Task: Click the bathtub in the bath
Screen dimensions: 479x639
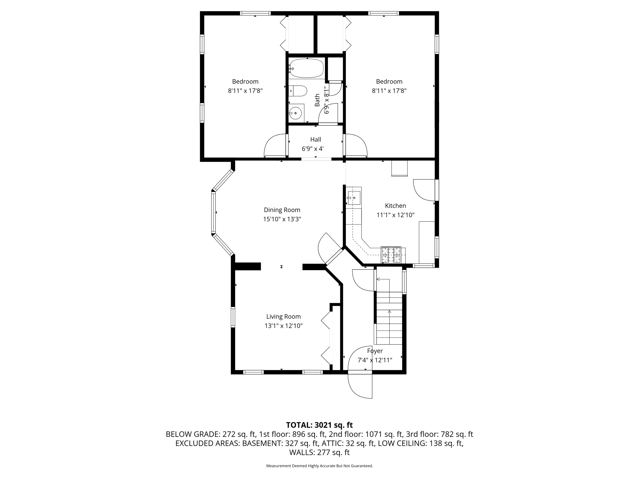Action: point(306,68)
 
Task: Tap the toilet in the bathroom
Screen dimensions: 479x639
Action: point(298,91)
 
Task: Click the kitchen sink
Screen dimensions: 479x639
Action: point(354,198)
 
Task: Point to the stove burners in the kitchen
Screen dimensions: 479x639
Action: point(391,255)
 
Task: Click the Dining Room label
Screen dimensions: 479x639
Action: point(282,210)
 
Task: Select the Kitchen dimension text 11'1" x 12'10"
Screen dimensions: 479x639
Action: point(395,215)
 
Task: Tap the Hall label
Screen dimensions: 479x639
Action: point(315,139)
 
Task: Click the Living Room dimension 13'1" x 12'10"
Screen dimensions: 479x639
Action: point(283,326)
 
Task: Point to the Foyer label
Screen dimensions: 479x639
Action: point(375,351)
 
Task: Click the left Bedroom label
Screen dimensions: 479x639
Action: point(245,81)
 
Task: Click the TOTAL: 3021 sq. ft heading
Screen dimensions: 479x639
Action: point(319,425)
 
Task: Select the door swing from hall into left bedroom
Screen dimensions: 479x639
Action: point(275,146)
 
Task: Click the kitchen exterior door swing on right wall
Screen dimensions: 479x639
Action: point(424,190)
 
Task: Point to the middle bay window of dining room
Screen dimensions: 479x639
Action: point(214,213)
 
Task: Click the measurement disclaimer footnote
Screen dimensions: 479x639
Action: point(319,466)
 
